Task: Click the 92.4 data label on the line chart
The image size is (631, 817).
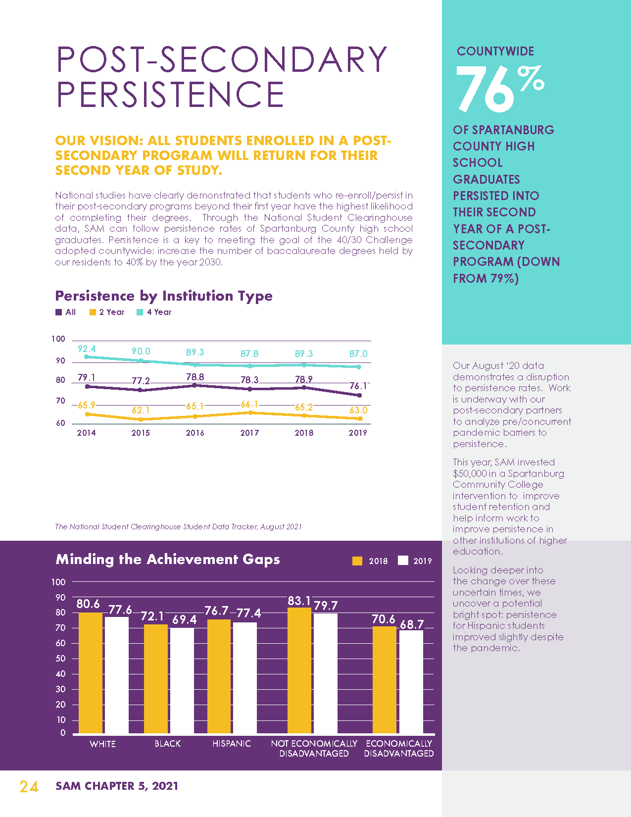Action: coord(87,349)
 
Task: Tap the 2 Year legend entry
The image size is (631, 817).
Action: coord(107,312)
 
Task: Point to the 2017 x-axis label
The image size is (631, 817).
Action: coord(249,433)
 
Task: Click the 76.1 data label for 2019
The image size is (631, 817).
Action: coord(358,386)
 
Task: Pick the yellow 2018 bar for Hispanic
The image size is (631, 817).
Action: coord(219,676)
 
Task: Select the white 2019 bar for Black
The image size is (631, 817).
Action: coord(182,680)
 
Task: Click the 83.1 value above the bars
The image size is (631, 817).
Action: coord(299,601)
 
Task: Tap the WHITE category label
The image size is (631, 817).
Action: coord(102,744)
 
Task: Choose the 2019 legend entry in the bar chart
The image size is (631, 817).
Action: coord(415,561)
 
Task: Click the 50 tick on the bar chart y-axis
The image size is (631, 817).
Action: coord(60,658)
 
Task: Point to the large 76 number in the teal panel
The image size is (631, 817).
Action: coord(485,89)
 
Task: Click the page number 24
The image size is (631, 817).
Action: coord(29,786)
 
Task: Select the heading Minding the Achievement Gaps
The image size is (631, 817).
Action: coord(168,559)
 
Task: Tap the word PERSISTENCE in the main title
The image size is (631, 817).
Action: coord(170,94)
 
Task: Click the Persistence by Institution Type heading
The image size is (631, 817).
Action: coord(164,296)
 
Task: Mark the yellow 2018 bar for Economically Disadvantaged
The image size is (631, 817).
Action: coord(385,679)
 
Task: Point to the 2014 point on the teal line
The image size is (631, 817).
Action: coord(87,357)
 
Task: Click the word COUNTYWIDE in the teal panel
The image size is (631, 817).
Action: coord(495,51)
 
